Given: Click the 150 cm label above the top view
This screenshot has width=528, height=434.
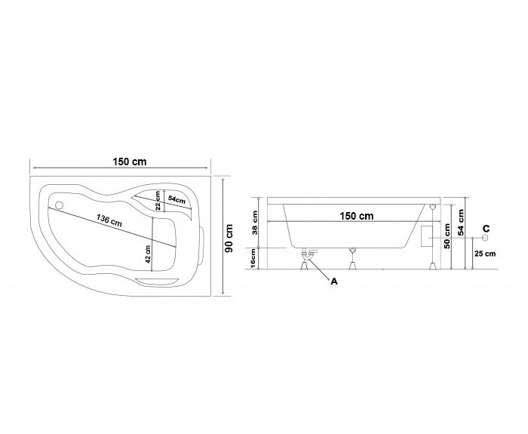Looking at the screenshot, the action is (x=130, y=162).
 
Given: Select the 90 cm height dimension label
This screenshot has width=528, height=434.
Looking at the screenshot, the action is (x=229, y=238).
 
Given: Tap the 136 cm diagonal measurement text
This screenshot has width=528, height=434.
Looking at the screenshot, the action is (x=109, y=220).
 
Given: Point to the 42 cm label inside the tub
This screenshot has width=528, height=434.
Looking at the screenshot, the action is (x=148, y=254).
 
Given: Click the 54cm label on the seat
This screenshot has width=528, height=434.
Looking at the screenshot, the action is (x=177, y=199).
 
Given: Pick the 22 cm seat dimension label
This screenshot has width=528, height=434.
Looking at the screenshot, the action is (x=158, y=201).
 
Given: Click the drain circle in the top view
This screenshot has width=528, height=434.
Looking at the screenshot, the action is (x=60, y=205).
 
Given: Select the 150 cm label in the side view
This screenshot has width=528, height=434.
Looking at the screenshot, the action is (x=357, y=216).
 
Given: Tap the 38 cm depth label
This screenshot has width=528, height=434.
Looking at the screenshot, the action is (x=255, y=223).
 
